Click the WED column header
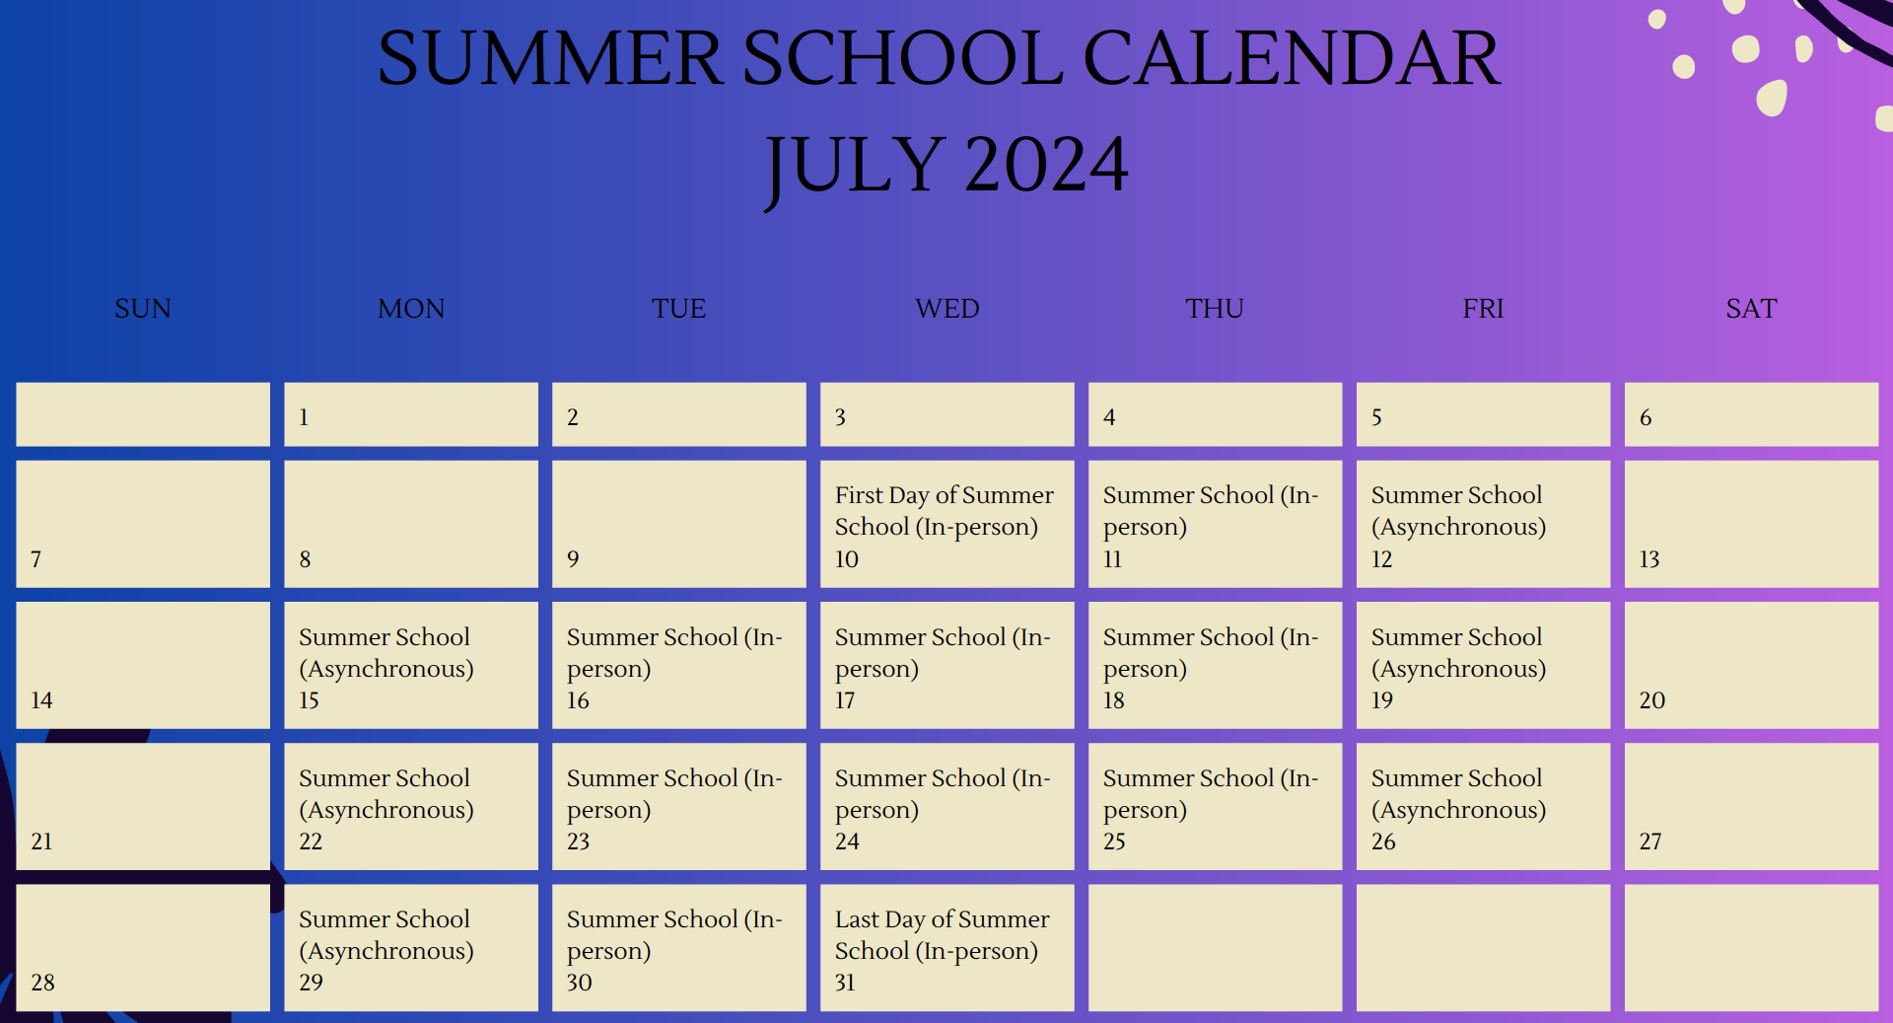point(946,309)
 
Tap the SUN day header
point(143,309)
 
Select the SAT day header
point(1751,309)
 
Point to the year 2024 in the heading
point(1046,165)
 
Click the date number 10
point(847,559)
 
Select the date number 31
point(845,983)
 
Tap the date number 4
point(1109,417)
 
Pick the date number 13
point(1649,559)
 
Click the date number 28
point(42,983)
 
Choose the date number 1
point(304,417)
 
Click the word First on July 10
point(858,495)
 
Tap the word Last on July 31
point(857,919)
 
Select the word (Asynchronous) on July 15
point(386,669)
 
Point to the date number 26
point(1383,841)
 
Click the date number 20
point(1651,700)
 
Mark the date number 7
point(36,559)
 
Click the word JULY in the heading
point(855,165)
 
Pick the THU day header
point(1215,309)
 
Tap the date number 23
point(578,841)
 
